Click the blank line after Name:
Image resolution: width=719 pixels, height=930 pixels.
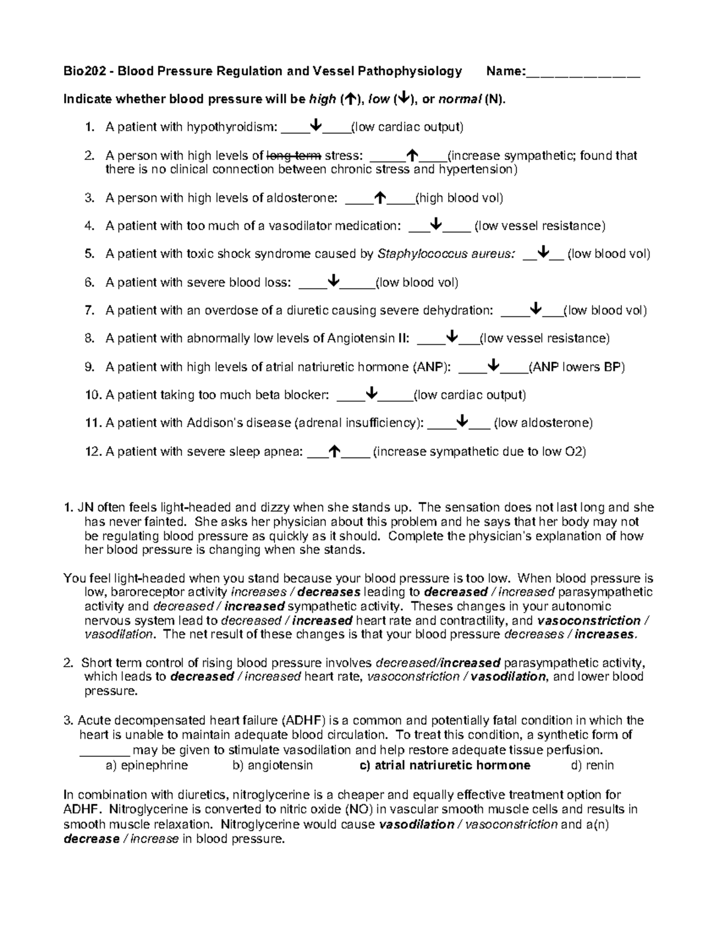(x=583, y=73)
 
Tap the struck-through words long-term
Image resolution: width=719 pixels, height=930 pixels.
(x=294, y=155)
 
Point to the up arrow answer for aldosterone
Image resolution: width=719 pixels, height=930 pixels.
(x=379, y=197)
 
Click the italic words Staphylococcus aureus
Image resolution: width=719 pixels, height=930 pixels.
(x=446, y=254)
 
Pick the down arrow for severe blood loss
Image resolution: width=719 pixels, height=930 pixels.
(x=334, y=281)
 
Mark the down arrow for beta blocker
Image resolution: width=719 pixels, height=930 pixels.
(x=371, y=394)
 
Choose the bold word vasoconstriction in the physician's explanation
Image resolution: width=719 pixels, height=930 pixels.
(x=589, y=620)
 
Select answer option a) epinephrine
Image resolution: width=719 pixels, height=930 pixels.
(x=146, y=765)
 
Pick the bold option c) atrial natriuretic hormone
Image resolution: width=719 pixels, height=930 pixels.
(x=445, y=765)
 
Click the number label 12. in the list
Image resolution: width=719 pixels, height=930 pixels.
(x=93, y=452)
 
